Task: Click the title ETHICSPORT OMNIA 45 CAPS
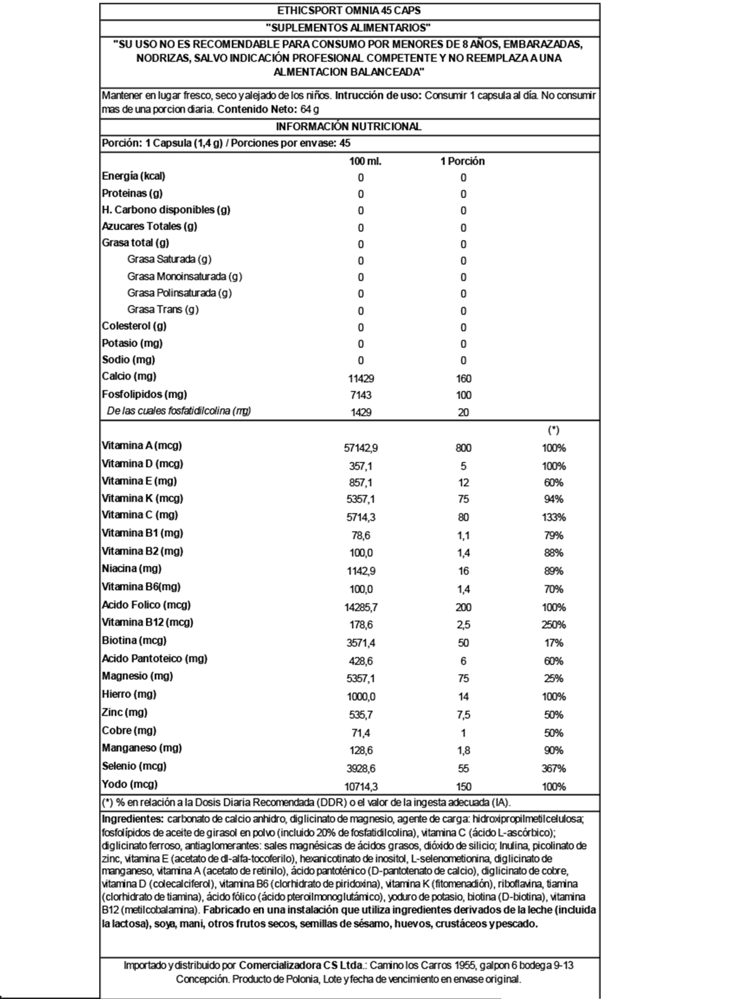click(349, 11)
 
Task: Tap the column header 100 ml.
click(365, 161)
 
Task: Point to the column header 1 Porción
click(462, 161)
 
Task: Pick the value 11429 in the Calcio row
click(361, 379)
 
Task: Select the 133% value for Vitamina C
click(553, 517)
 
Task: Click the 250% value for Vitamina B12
click(553, 625)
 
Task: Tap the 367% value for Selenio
click(553, 768)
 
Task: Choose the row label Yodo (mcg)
click(130, 784)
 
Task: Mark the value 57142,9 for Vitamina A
click(361, 448)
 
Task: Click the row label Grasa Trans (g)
click(163, 309)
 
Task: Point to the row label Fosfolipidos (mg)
click(144, 395)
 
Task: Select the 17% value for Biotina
click(553, 643)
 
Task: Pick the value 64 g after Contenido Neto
click(309, 109)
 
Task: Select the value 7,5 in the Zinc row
click(463, 715)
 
